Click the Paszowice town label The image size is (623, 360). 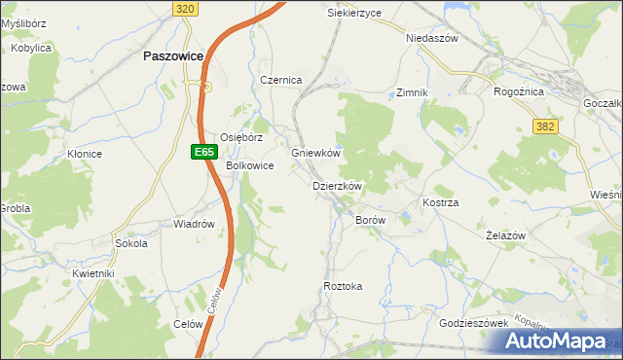(x=172, y=56)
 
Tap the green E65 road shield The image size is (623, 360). (x=202, y=152)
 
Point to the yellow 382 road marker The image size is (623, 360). (x=546, y=126)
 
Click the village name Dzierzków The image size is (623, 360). (x=337, y=186)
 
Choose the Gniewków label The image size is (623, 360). (x=315, y=153)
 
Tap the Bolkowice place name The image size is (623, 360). (x=249, y=166)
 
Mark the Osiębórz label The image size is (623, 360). (x=241, y=137)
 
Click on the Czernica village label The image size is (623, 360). (x=281, y=80)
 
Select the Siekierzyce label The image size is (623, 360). (x=354, y=13)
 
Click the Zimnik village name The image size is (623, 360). (x=413, y=92)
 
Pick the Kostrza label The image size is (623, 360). (x=440, y=201)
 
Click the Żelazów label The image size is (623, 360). (x=505, y=235)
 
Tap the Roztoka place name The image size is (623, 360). (x=343, y=286)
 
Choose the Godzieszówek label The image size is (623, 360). (x=474, y=323)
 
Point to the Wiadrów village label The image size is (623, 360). (x=193, y=224)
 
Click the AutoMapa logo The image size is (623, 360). (x=559, y=342)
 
